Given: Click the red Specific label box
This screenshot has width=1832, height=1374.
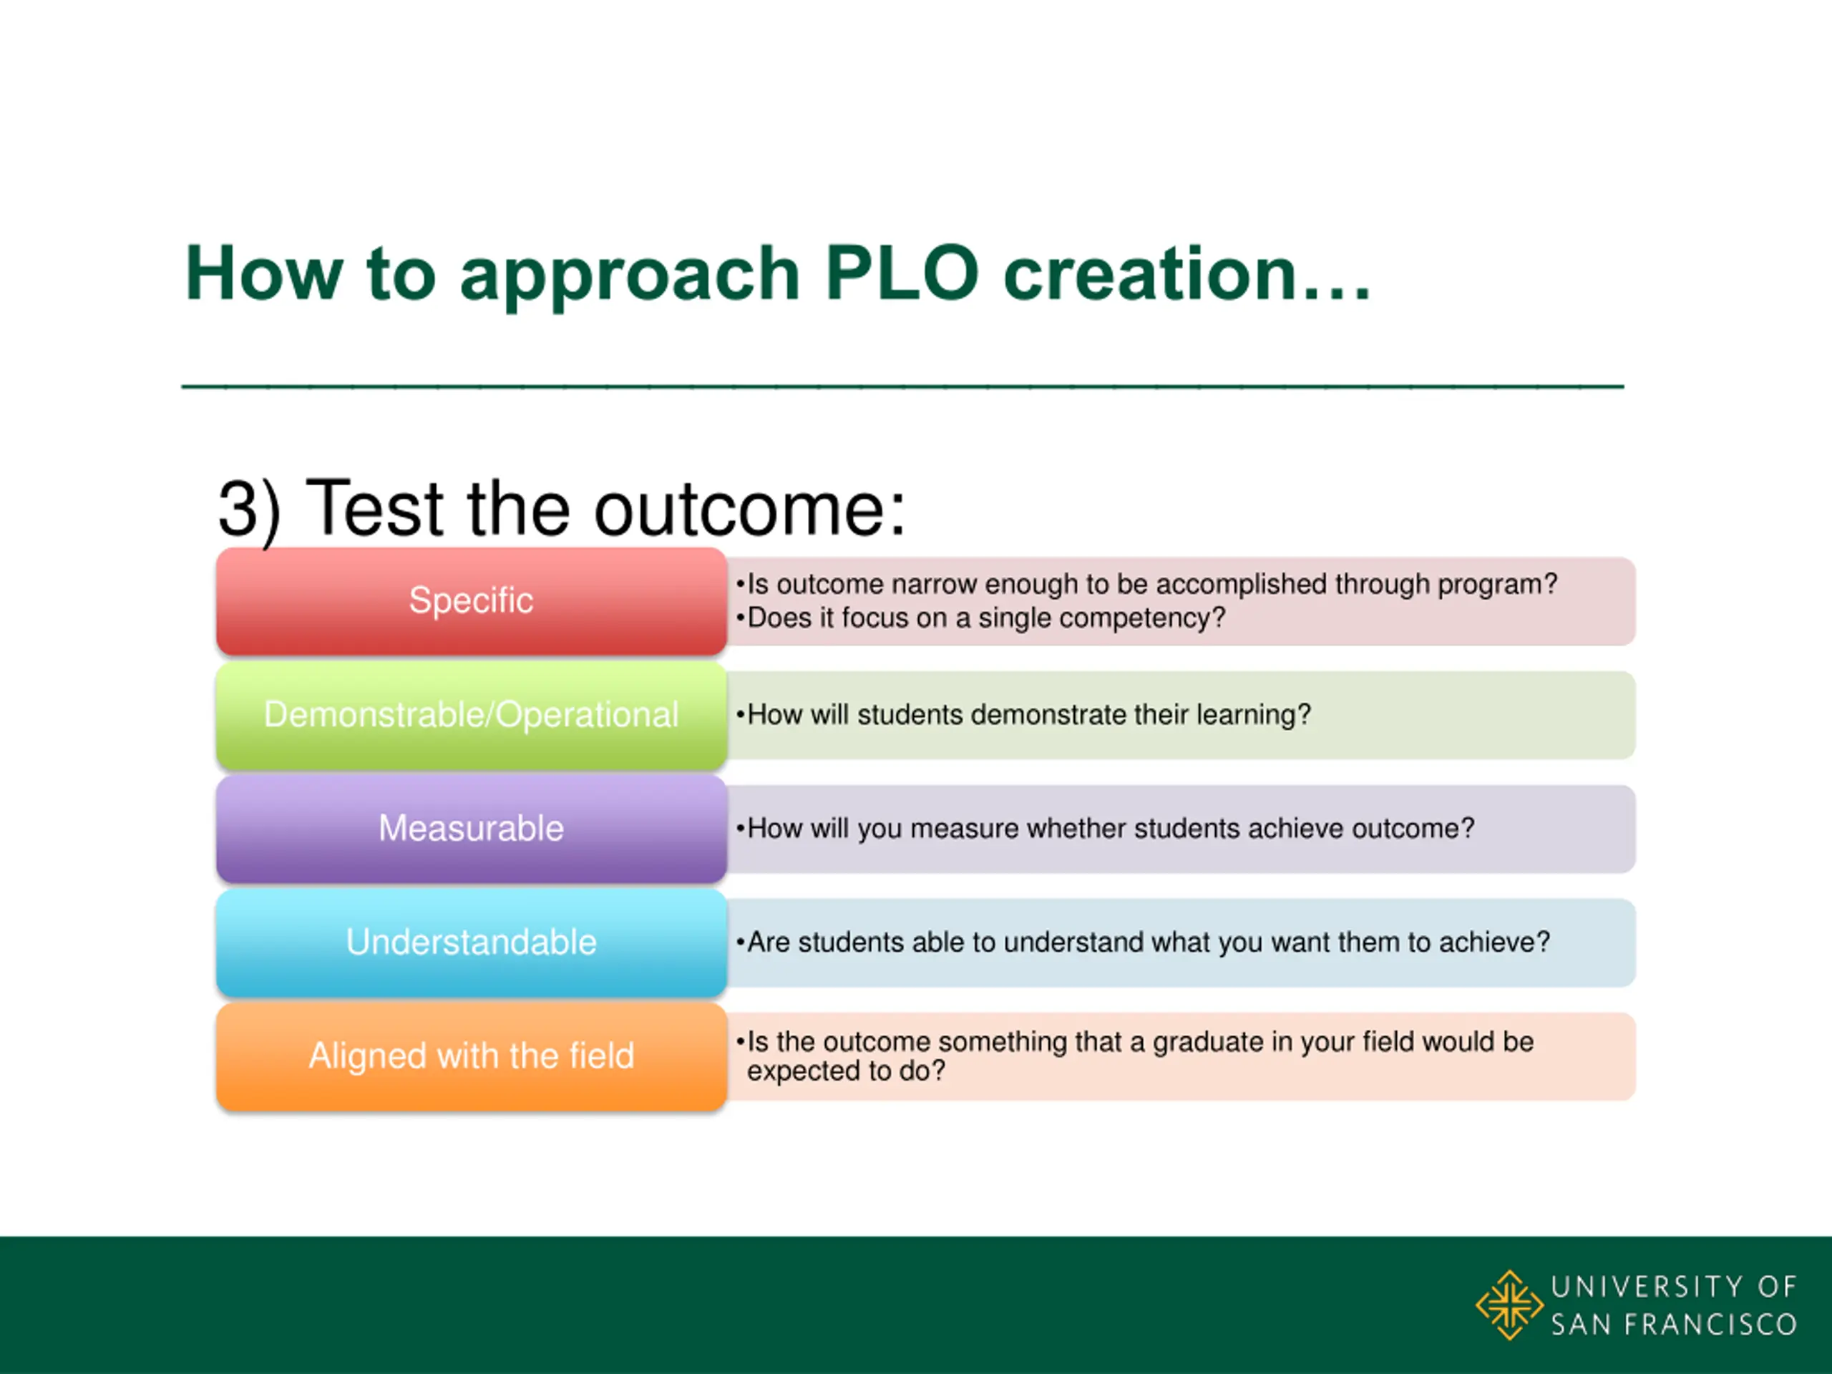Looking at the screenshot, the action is coord(472,601).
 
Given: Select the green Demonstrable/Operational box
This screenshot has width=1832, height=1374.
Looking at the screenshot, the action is coord(472,715).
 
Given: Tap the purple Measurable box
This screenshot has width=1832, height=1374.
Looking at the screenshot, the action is coord(472,828).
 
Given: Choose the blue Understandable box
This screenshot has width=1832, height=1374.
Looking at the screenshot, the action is coord(472,942).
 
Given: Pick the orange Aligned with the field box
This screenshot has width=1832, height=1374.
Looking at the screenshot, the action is coord(472,1056).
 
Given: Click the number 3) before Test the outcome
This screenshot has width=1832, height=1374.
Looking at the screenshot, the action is coord(249,510).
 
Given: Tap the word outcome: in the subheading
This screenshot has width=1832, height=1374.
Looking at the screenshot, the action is coord(749,509).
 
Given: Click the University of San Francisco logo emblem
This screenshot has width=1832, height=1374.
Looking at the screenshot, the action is coord(1509,1305).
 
